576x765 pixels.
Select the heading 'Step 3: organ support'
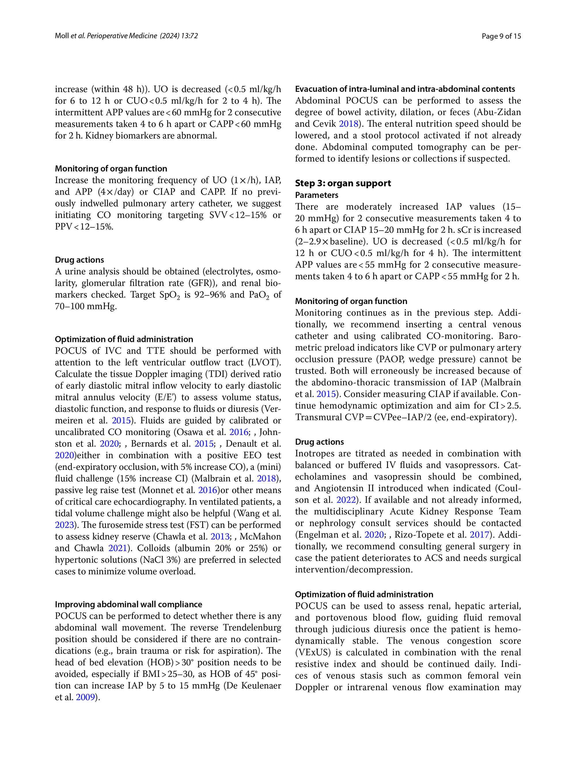(342, 183)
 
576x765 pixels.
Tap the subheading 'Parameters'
(317, 195)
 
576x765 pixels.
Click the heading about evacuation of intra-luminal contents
(405, 89)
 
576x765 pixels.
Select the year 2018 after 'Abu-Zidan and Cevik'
(348, 124)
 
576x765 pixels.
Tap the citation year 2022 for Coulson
(346, 500)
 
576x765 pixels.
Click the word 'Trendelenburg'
(252, 627)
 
